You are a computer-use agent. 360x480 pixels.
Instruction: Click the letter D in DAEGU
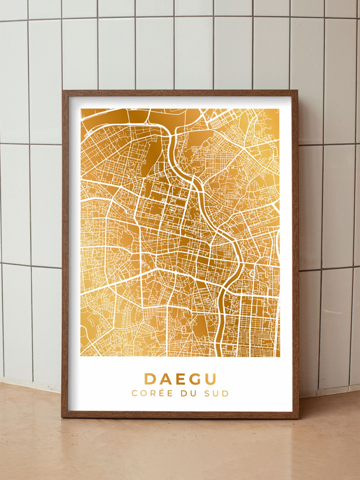coord(150,379)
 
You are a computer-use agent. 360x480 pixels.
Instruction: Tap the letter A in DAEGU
coord(165,379)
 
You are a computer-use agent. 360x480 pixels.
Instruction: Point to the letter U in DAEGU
coord(210,379)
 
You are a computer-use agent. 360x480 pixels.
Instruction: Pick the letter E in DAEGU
coord(179,379)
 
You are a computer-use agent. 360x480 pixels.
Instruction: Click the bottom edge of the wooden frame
coord(180,415)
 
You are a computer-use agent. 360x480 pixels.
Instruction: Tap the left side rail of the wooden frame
coord(65,253)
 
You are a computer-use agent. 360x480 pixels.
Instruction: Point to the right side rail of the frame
coord(295,253)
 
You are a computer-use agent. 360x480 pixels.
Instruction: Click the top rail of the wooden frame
coord(180,93)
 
